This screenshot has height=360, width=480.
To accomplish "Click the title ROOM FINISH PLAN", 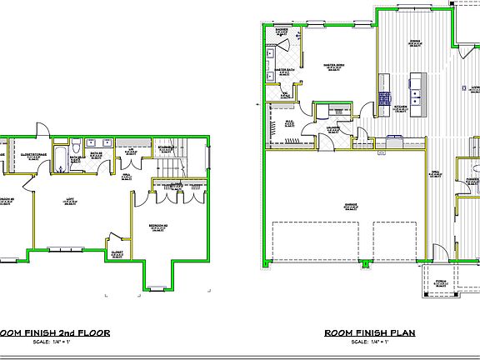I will pyautogui.click(x=369, y=333).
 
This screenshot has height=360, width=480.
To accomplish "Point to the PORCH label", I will pyautogui.click(x=441, y=282).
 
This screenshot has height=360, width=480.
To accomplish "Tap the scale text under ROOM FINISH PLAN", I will pyautogui.click(x=369, y=342).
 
